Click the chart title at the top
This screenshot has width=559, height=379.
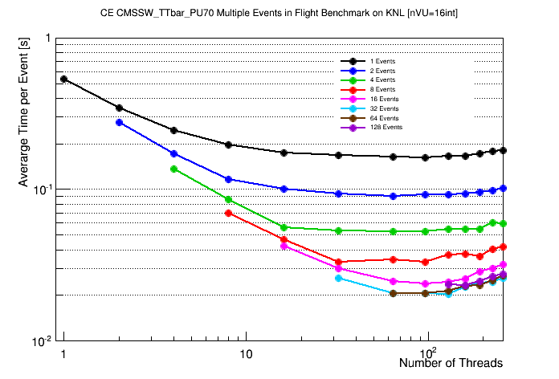click(279, 14)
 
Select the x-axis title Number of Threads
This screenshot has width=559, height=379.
click(451, 363)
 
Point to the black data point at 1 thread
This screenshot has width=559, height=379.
click(64, 79)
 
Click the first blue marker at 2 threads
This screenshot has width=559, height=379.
click(119, 122)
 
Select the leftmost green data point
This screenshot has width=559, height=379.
click(173, 169)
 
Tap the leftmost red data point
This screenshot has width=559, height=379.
click(229, 213)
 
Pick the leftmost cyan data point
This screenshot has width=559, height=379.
click(338, 278)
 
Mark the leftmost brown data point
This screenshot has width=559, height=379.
click(393, 293)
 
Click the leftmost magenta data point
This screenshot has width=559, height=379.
click(284, 247)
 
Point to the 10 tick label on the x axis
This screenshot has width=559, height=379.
click(246, 354)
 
